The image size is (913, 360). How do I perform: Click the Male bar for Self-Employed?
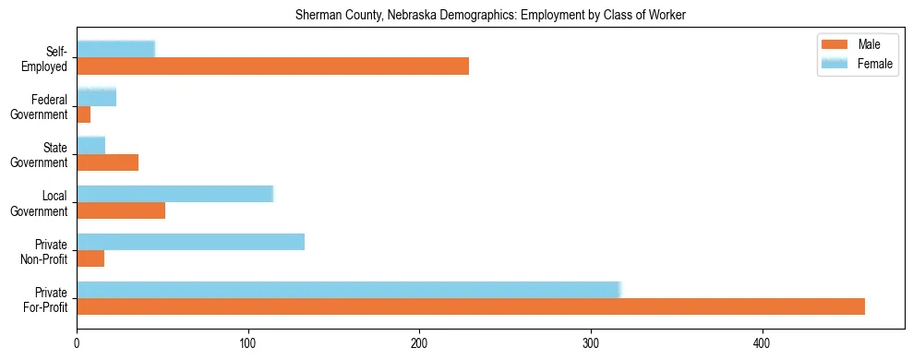click(x=272, y=66)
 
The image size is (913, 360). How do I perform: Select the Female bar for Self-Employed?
click(x=115, y=49)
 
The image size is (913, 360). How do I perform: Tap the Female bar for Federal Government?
click(x=96, y=97)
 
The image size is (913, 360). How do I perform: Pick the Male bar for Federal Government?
click(x=83, y=114)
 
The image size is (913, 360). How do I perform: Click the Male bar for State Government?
click(x=107, y=162)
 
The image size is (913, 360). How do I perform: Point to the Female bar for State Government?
click(x=90, y=145)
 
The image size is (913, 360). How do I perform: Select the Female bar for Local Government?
click(x=174, y=193)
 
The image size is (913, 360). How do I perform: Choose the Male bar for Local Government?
click(x=121, y=210)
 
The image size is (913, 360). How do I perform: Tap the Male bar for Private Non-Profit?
click(x=90, y=259)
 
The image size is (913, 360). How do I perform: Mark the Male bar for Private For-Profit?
click(x=471, y=307)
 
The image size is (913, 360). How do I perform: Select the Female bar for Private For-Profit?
click(x=348, y=290)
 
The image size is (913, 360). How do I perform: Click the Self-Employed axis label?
click(x=51, y=58)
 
